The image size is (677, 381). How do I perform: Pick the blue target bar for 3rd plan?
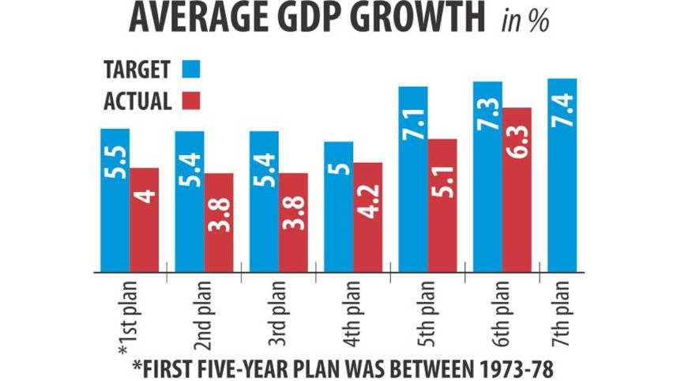pos(263,201)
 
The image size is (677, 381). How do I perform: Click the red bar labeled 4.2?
pos(367,217)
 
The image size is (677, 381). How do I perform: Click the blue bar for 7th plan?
pos(562,175)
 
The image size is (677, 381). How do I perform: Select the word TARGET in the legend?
pos(137,69)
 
